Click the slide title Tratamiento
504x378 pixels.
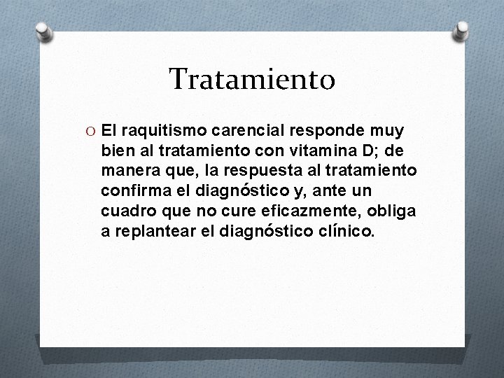[x=252, y=79]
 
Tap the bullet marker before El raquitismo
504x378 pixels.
[x=91, y=131]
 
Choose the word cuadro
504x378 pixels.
[x=125, y=210]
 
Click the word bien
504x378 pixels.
[x=115, y=150]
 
